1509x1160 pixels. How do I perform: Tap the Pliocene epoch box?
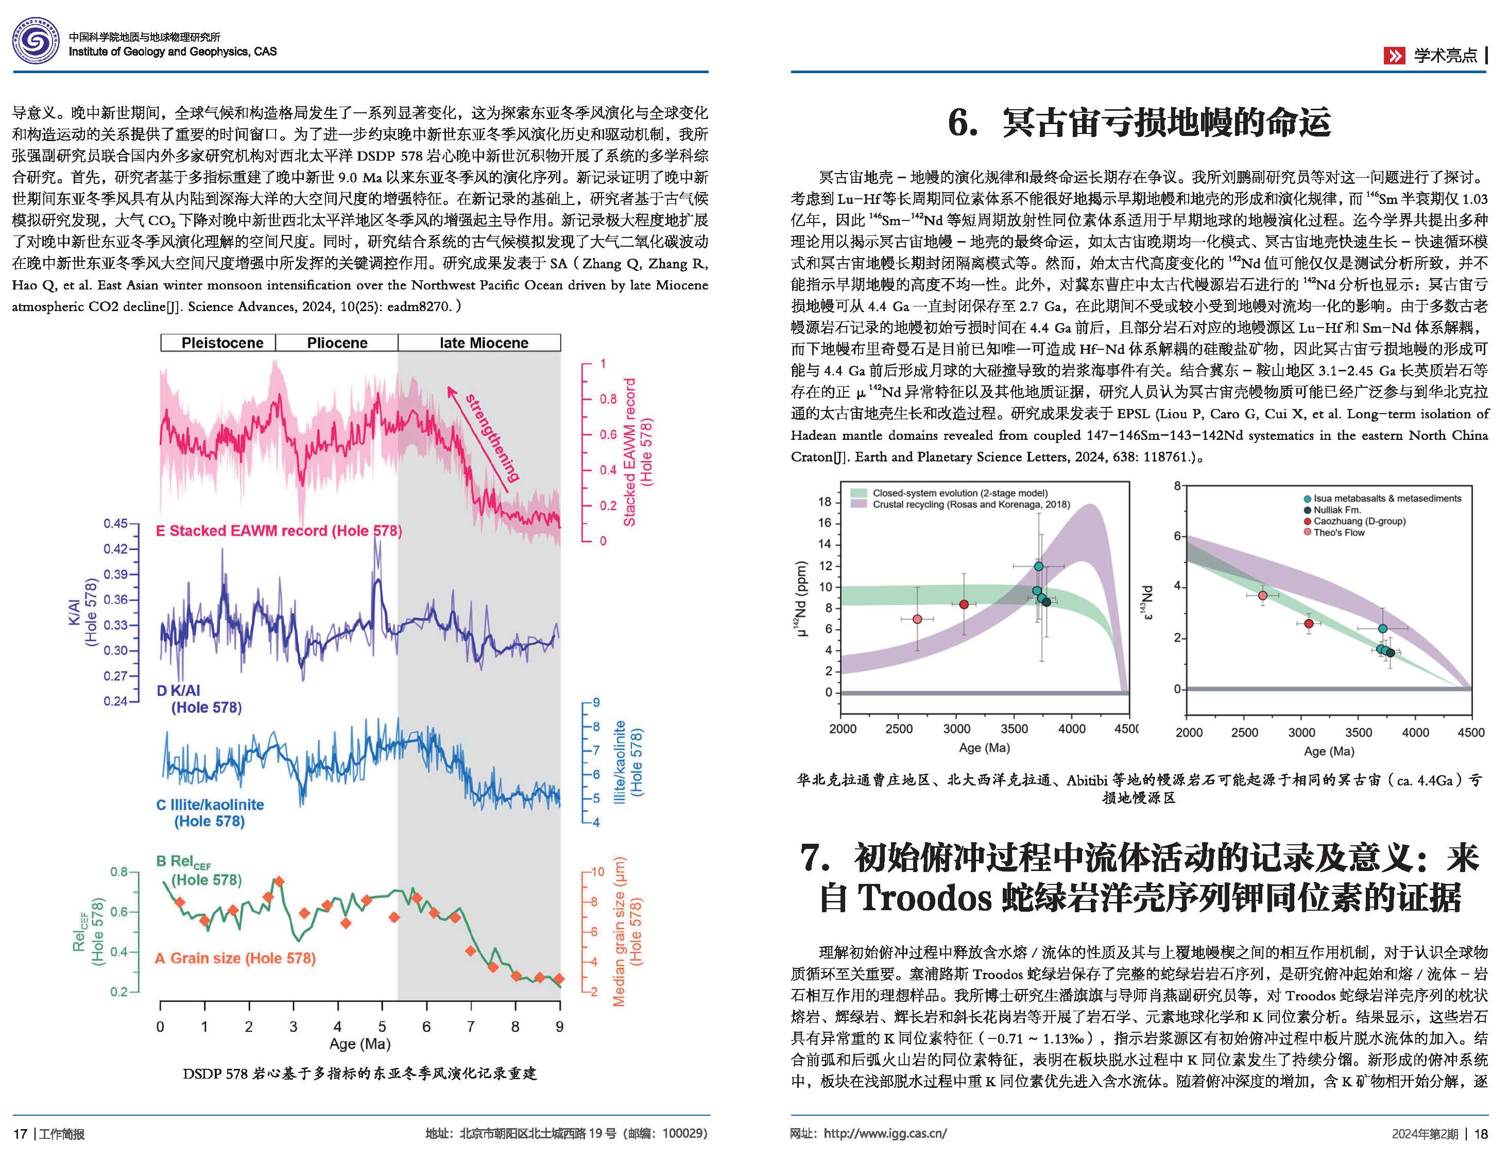click(337, 343)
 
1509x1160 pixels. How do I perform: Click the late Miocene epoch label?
click(483, 343)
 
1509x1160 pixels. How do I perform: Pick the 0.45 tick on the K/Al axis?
click(115, 523)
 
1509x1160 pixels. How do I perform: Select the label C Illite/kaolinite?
click(210, 805)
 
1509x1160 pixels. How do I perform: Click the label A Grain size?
click(235, 959)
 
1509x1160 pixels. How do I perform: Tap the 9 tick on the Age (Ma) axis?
click(559, 1027)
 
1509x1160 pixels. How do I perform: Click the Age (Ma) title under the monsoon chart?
click(359, 1044)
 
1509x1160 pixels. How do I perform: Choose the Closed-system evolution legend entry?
click(959, 493)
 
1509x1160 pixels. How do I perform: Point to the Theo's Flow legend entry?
click(1339, 533)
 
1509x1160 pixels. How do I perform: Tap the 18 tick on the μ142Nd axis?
click(825, 502)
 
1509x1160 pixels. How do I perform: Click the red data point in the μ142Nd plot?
click(964, 604)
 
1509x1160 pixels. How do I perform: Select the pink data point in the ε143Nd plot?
click(1262, 595)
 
